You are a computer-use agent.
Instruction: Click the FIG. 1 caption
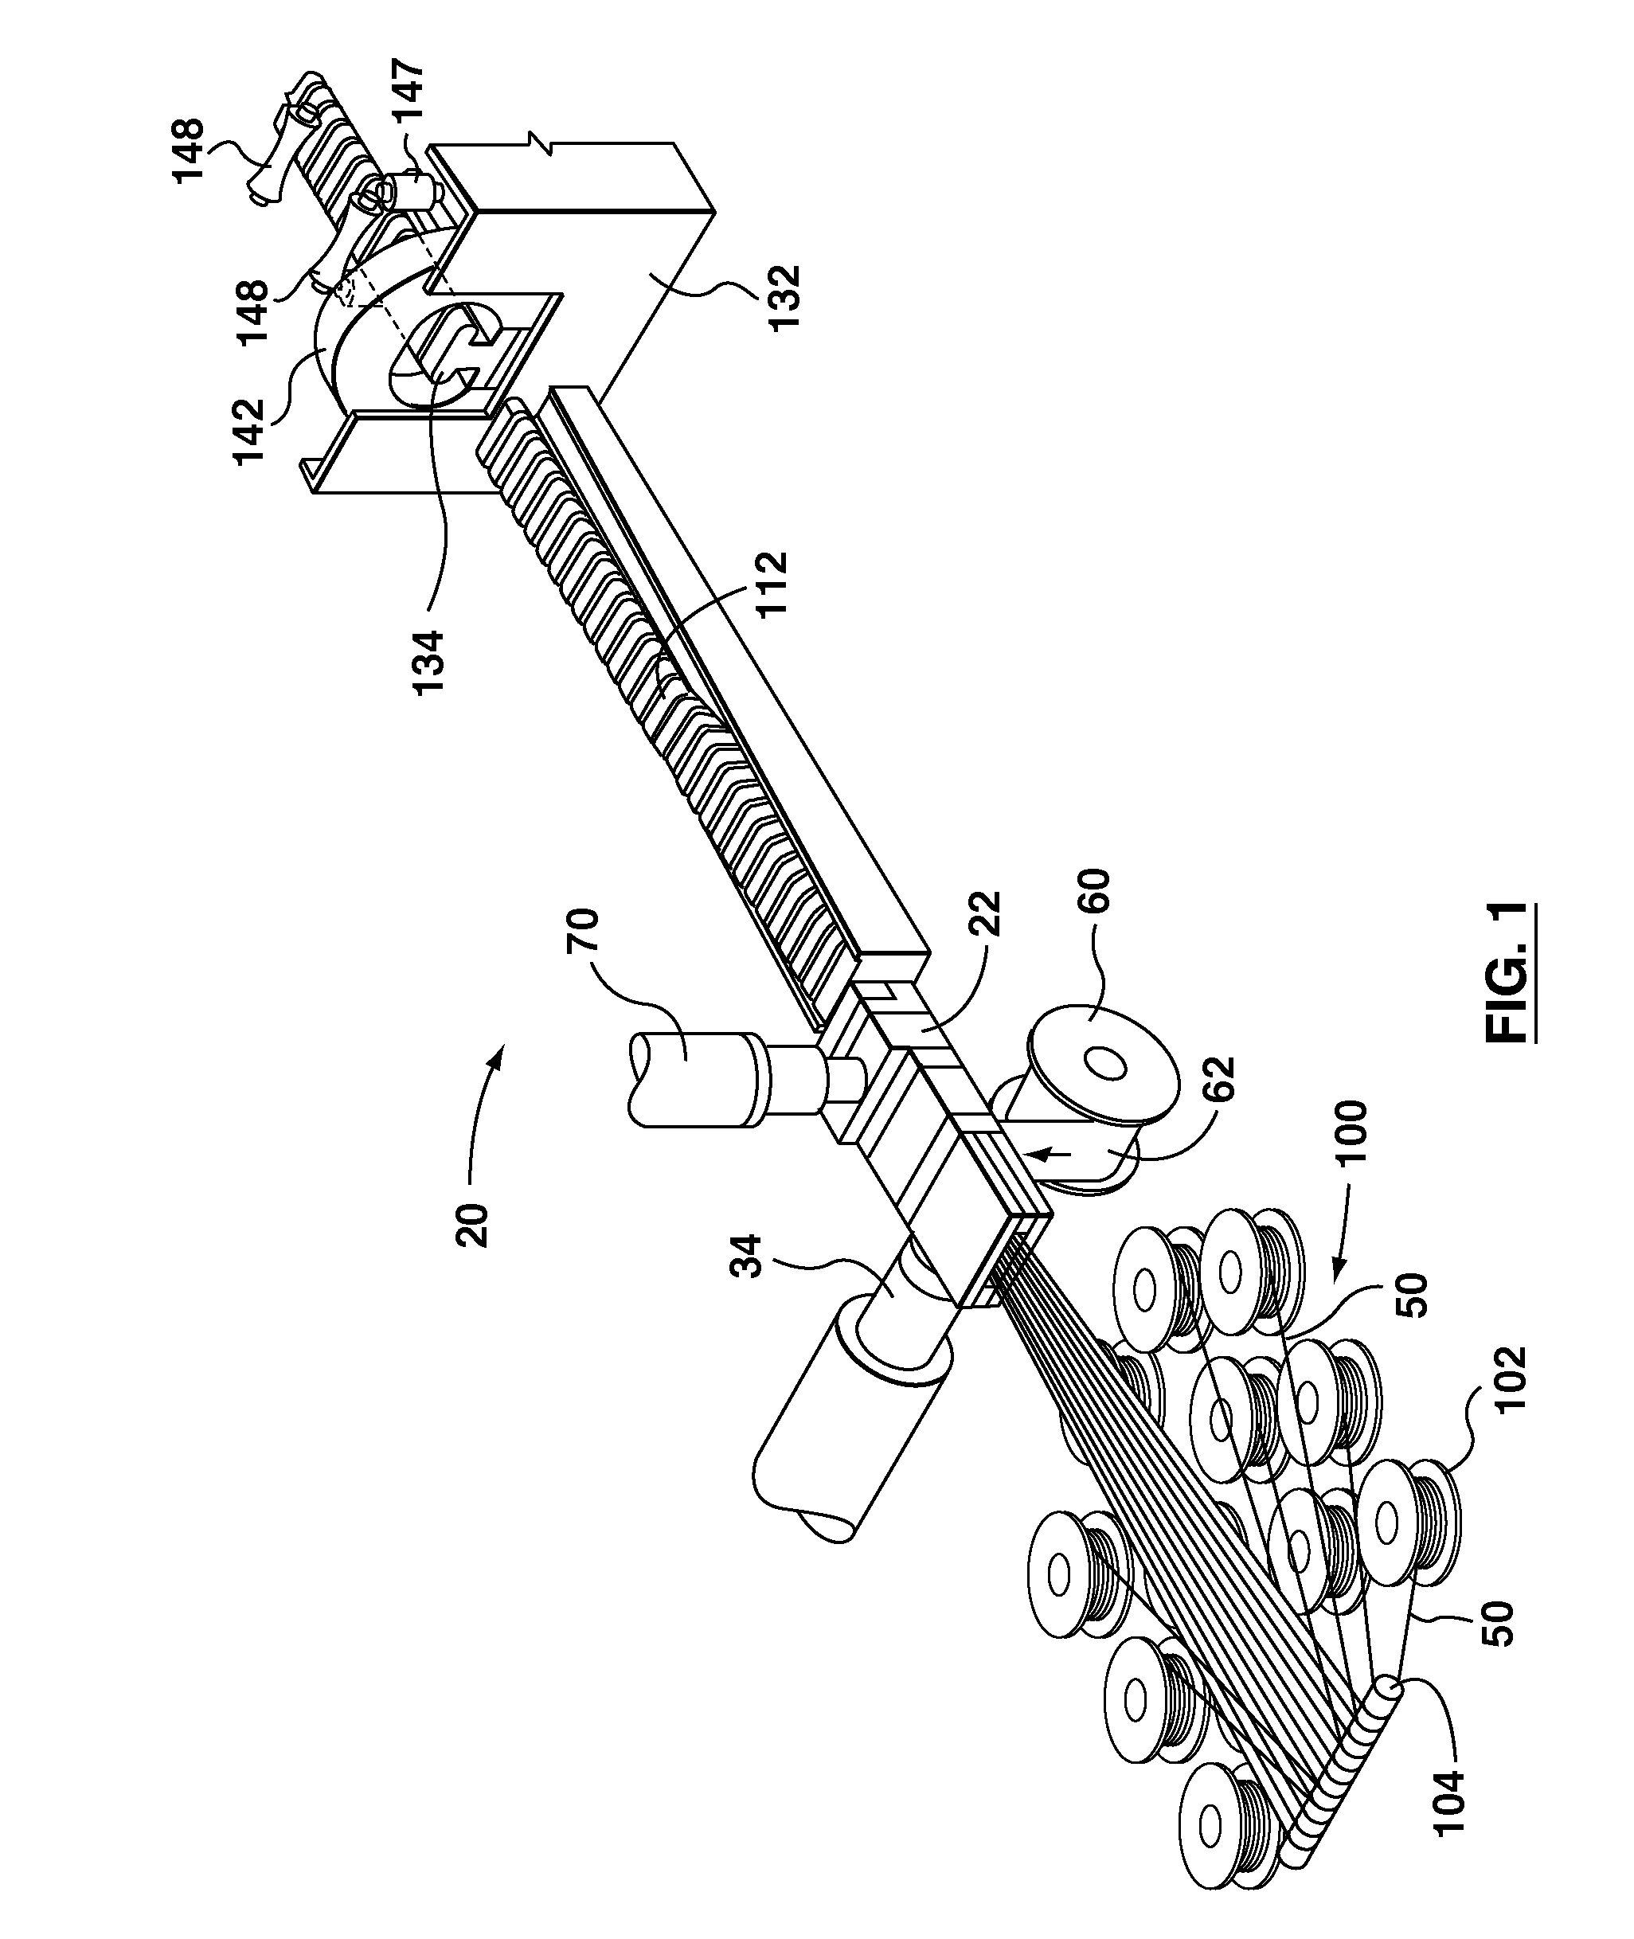(x=1507, y=974)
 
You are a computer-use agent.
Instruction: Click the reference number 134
(x=430, y=663)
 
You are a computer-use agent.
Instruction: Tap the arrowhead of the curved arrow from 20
(x=500, y=1053)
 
